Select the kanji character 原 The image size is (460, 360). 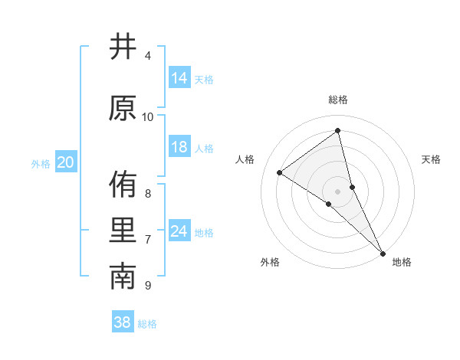click(123, 108)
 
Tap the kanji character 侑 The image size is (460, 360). click(123, 184)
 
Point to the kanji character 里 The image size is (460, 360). click(123, 231)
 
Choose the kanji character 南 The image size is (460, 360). click(123, 277)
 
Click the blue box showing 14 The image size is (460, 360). click(179, 78)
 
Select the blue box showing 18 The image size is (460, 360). click(179, 147)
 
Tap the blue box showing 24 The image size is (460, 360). click(179, 231)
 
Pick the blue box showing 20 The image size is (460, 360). click(66, 162)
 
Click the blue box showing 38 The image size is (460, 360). click(123, 322)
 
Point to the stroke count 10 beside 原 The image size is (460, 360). click(148, 116)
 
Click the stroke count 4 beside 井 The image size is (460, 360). click(148, 56)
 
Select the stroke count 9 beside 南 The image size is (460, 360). click(148, 286)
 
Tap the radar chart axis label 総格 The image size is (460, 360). click(338, 100)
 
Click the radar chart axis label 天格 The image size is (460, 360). click(432, 159)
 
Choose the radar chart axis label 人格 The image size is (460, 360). click(245, 159)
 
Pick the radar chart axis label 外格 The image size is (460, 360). click(270, 262)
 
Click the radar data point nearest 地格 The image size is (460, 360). click(383, 252)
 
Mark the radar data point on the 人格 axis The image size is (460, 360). click(280, 172)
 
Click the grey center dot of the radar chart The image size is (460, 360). click(338, 191)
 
